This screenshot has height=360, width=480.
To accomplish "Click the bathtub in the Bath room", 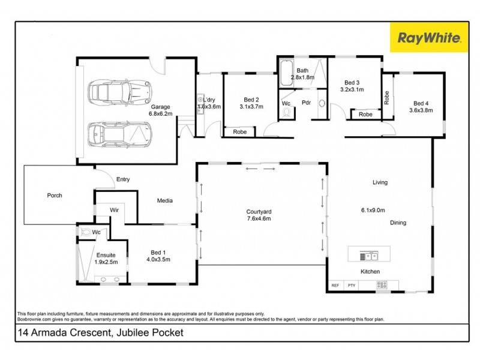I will click(x=284, y=76).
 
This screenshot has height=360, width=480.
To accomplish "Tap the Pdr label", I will click(x=305, y=102).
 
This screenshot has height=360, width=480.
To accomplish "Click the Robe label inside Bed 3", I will click(x=365, y=114).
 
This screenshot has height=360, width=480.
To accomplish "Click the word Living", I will click(x=380, y=182).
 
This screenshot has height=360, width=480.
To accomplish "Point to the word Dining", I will click(x=398, y=223).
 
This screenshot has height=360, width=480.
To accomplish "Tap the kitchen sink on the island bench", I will click(x=369, y=256).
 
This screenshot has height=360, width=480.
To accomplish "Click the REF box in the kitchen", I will click(x=335, y=286).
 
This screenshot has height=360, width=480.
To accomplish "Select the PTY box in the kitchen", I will click(x=352, y=286).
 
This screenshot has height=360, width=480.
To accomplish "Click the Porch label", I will click(x=55, y=195).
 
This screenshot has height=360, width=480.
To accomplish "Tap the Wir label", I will click(x=113, y=211).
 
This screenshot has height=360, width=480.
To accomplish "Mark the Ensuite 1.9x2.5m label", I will click(x=106, y=259).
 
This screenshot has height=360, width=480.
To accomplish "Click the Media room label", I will click(x=165, y=200).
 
